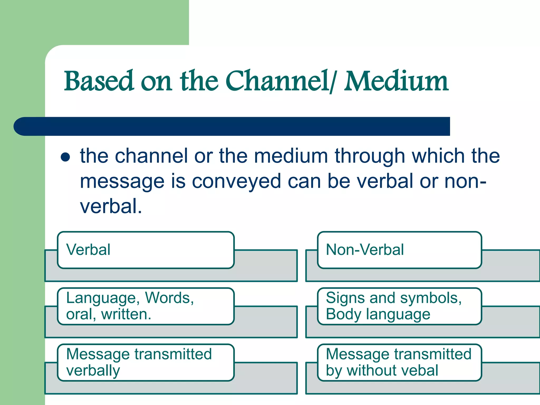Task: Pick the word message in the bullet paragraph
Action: click(x=122, y=182)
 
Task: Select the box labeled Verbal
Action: click(x=146, y=250)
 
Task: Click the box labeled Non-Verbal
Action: click(x=399, y=250)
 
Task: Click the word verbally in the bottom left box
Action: click(x=93, y=371)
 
